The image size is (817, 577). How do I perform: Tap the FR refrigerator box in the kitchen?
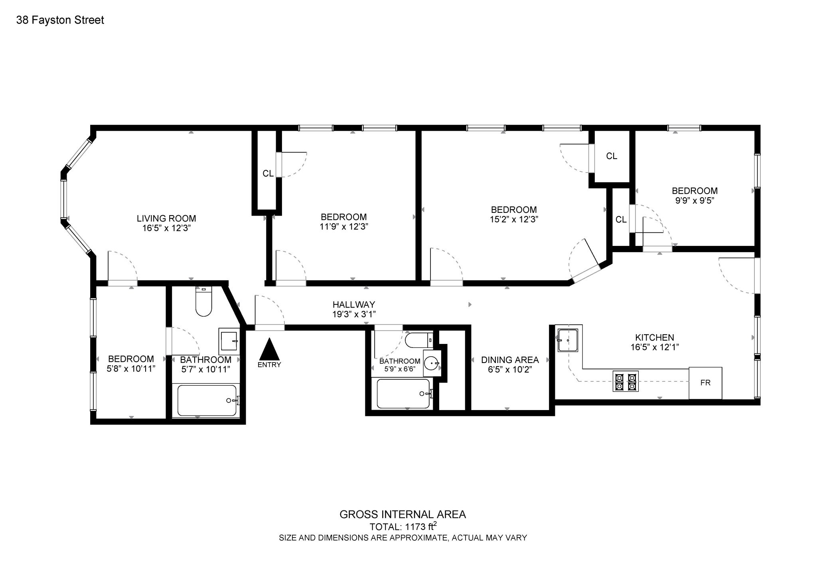[705, 383]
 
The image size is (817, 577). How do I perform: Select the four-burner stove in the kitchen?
[626, 381]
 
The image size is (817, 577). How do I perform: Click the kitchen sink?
[568, 340]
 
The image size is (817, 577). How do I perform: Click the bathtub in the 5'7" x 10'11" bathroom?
[207, 400]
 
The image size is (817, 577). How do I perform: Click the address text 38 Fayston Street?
[60, 20]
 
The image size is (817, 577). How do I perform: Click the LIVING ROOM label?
[166, 218]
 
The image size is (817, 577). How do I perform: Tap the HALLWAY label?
[354, 305]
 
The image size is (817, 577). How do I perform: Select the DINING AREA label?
[510, 360]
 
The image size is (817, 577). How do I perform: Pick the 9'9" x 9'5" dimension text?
[695, 200]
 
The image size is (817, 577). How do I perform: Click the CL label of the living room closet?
[268, 173]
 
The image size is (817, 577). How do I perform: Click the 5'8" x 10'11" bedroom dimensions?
[131, 369]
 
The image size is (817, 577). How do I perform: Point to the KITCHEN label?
[655, 338]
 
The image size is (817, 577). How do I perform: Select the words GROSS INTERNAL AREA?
[403, 514]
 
